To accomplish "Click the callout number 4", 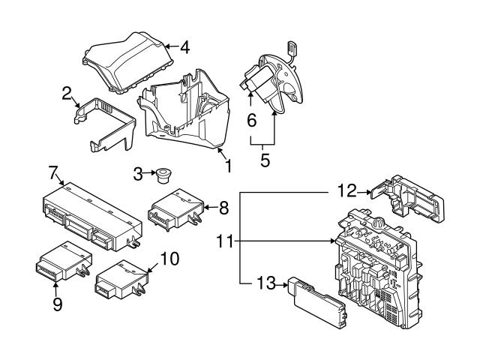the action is click(x=185, y=47).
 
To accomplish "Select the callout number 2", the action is click(x=67, y=93).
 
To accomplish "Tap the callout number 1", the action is click(x=228, y=165).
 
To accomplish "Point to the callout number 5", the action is click(x=265, y=160).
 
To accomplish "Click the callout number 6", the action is click(x=252, y=120).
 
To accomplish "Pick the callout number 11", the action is click(x=225, y=241).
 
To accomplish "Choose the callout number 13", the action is click(x=266, y=283).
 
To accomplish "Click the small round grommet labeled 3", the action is click(x=163, y=175).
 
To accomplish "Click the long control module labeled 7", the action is click(x=91, y=217).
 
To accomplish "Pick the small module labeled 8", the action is click(x=175, y=208).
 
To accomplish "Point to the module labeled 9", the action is click(x=63, y=261).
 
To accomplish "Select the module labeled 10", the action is click(x=122, y=280).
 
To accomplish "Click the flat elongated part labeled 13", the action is click(x=316, y=302).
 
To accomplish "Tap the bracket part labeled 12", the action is click(x=407, y=198).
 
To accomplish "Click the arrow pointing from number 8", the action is click(x=211, y=208).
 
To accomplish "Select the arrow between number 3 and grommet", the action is click(x=150, y=173).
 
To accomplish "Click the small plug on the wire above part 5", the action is click(x=292, y=47).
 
